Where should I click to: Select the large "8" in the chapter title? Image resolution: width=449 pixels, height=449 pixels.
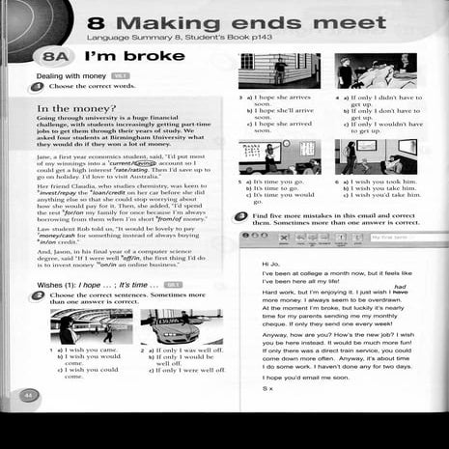pos(96,22)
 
